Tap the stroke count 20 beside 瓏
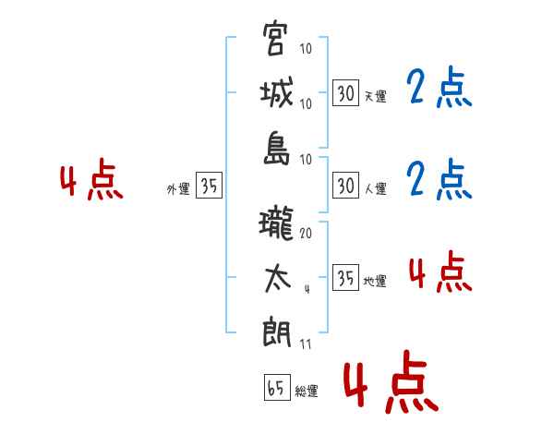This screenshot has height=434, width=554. pos(306,235)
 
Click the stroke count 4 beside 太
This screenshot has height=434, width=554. pos(306,289)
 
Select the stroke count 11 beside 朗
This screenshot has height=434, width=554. pos(306,345)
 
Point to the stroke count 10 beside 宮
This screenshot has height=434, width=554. pos(306,49)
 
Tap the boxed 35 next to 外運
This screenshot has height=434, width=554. pos(209,186)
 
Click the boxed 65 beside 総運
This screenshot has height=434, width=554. pos(276,388)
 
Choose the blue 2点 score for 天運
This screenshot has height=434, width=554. pos(439,89)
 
